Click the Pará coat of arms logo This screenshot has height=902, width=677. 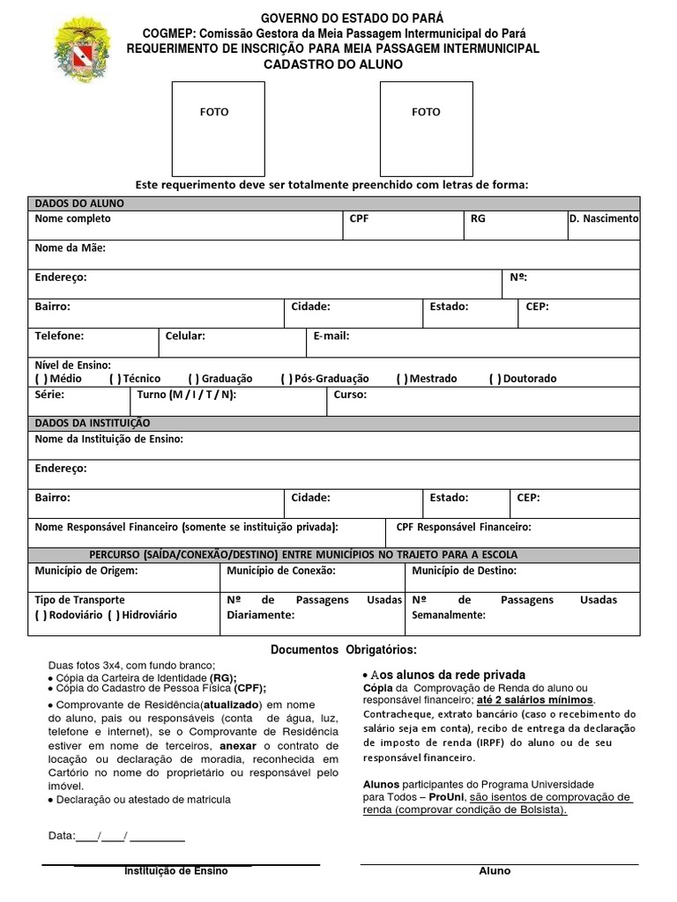pos(78,50)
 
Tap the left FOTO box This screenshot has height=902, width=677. pos(218,129)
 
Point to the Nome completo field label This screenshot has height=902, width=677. pos(72,218)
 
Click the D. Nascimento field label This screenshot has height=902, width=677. pos(603,218)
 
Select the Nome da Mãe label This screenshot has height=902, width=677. pos(70,248)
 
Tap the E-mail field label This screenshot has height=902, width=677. pos(331,336)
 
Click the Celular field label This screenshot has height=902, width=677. pos(185,336)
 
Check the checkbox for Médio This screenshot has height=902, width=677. pos(41,379)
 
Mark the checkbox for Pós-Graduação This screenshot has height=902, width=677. pos(286,379)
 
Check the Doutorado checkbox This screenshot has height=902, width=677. pos(495,379)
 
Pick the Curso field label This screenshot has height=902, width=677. pos(350,395)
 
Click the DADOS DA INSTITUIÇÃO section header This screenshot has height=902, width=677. pos(93,423)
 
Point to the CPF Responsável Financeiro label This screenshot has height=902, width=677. pos(464,527)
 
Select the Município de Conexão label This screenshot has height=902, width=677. pos(281,571)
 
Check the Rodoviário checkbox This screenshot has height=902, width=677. pos(41,615)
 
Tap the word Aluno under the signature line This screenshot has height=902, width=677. pos(495,870)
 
